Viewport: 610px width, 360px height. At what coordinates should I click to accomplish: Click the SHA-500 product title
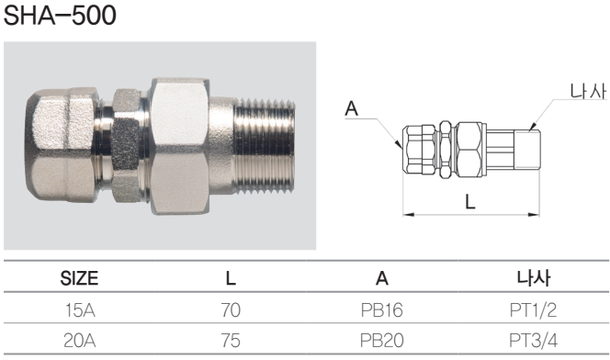(x=60, y=16)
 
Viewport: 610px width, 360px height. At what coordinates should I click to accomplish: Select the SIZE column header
(x=79, y=278)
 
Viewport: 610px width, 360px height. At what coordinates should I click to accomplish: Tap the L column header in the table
(x=231, y=278)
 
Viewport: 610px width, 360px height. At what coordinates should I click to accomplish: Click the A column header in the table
(x=382, y=278)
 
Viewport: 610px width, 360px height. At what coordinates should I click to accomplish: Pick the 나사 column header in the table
(x=534, y=278)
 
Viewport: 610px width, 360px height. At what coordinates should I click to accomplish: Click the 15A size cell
(x=80, y=310)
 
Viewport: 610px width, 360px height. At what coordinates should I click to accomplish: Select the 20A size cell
(x=80, y=341)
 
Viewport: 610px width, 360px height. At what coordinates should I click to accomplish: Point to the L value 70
(x=231, y=310)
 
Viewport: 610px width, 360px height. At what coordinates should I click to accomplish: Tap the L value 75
(x=231, y=341)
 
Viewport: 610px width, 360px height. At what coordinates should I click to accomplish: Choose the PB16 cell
(x=382, y=310)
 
